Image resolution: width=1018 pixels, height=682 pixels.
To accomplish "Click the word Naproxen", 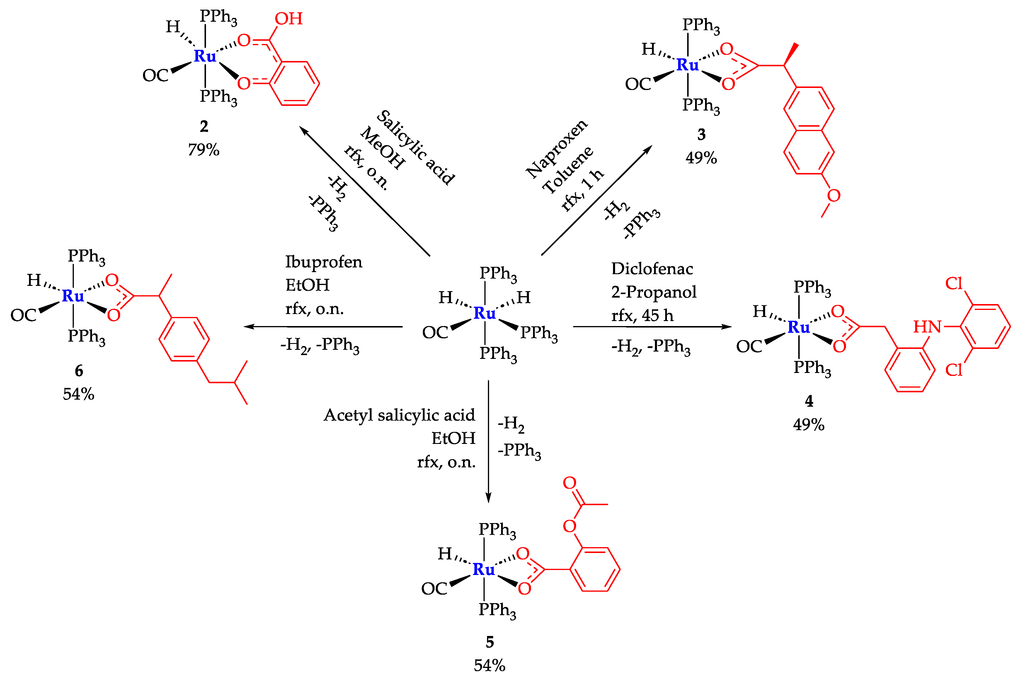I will click(556, 148).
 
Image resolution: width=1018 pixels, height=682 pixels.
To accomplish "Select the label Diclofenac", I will click(652, 269).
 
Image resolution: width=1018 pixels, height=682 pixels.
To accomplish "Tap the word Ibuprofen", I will click(324, 262).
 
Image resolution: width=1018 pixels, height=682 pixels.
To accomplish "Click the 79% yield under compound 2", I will click(203, 150).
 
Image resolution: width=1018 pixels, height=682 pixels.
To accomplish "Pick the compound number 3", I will click(701, 134).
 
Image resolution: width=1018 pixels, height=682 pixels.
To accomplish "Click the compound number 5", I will click(489, 642).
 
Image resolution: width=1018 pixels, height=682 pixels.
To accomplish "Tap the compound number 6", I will click(79, 371).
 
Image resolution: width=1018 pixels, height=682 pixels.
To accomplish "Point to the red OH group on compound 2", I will click(289, 19).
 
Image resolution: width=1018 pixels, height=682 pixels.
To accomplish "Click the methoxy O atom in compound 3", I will click(833, 196).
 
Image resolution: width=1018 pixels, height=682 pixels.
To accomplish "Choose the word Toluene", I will click(567, 170).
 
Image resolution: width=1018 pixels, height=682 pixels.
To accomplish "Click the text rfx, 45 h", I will click(642, 315).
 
